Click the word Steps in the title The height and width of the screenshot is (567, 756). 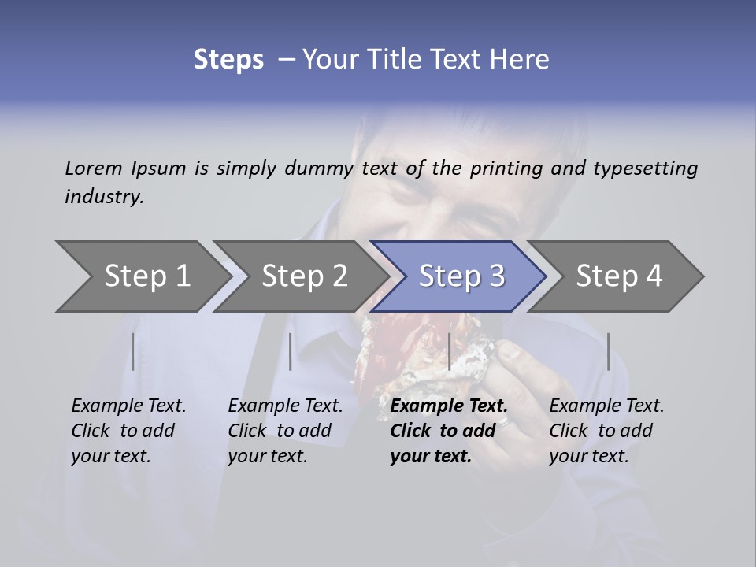coord(228,60)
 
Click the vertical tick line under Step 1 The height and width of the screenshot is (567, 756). coord(133,351)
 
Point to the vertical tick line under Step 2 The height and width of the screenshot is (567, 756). coord(291,351)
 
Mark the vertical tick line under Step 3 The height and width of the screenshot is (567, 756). coord(449,351)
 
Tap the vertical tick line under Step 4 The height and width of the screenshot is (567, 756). coord(608,351)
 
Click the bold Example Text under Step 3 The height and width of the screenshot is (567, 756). coord(449,406)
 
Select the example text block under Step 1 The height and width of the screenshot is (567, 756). coord(128,431)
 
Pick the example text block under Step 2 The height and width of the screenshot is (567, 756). coord(285,431)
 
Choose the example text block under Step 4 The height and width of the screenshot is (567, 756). coord(606,431)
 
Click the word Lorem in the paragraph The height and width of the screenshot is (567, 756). coord(94,169)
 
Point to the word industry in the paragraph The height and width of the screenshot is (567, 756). coord(104,197)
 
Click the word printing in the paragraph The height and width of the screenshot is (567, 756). coord(504,169)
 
